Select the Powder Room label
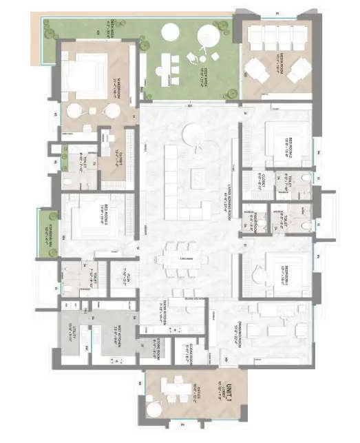pyautogui.click(x=251, y=220)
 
